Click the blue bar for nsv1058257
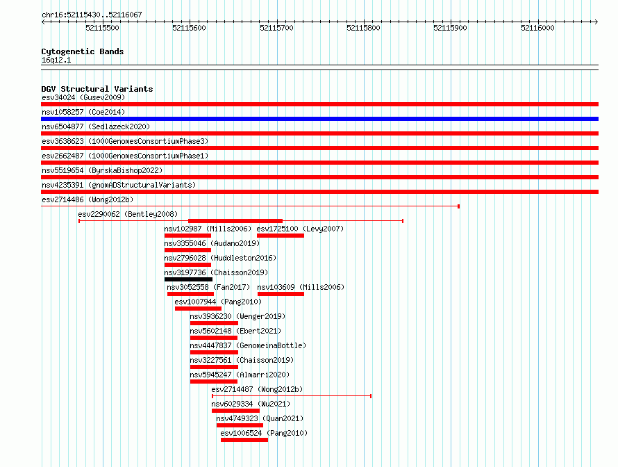(x=319, y=119)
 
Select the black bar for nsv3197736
(x=188, y=279)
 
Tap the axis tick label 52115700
(x=276, y=28)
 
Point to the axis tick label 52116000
(x=537, y=28)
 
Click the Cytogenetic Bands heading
(x=83, y=51)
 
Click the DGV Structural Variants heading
(x=97, y=89)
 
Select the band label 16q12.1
(x=56, y=60)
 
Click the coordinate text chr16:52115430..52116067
(x=92, y=15)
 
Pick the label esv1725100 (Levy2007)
(x=300, y=229)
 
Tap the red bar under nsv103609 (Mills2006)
(x=281, y=294)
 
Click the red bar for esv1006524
(x=244, y=440)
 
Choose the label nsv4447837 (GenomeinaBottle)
(x=248, y=345)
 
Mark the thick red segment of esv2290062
(x=235, y=221)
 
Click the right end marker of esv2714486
(x=459, y=206)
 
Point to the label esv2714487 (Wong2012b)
(x=257, y=389)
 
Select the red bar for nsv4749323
(x=240, y=425)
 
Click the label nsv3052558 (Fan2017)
(x=208, y=287)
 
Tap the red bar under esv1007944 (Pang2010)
(x=199, y=309)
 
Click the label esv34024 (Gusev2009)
(x=83, y=97)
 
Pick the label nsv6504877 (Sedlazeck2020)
(x=96, y=126)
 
